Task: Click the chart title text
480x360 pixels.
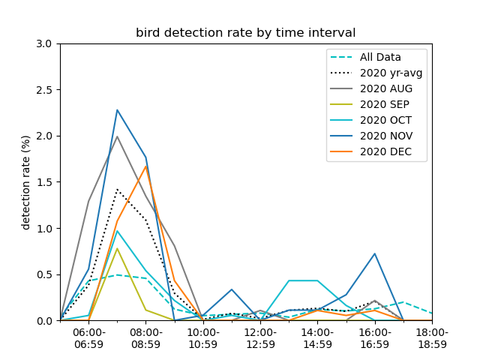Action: click(245, 32)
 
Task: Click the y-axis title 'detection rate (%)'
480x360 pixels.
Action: click(25, 183)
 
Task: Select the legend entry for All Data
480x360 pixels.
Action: click(366, 57)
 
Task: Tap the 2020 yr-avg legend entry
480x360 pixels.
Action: click(376, 73)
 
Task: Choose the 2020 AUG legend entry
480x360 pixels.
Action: click(371, 88)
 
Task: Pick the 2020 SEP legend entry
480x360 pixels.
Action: click(370, 104)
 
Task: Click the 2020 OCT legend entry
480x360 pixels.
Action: click(371, 120)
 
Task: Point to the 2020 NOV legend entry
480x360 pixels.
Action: click(372, 136)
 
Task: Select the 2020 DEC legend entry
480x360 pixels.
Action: click(371, 151)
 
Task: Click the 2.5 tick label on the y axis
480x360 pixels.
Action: click(44, 90)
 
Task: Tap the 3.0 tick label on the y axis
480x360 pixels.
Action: click(44, 43)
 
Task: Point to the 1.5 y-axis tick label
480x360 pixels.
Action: click(44, 182)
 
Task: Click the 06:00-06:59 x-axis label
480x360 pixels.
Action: click(88, 338)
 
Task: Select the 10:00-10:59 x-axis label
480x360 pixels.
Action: click(203, 338)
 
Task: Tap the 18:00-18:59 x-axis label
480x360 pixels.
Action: click(432, 338)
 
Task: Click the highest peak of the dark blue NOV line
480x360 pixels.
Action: click(117, 110)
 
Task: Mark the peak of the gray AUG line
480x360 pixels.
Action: click(117, 136)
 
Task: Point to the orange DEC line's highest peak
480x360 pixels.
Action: click(146, 166)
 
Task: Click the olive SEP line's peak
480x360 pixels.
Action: click(117, 248)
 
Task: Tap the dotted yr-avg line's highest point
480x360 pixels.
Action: click(117, 190)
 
